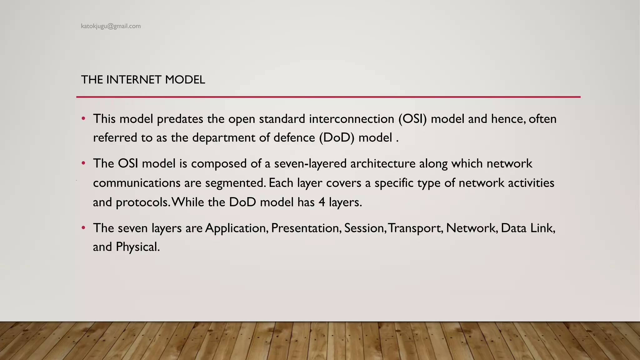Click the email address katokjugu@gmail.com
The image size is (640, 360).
coord(111,26)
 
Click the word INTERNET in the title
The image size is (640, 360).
coord(133,80)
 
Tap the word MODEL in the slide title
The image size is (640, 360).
coord(185,80)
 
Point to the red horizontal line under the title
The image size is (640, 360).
coord(328,97)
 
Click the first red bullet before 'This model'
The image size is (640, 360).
coord(83,119)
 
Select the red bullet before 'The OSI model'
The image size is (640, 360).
coord(83,163)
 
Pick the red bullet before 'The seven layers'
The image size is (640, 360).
coord(83,228)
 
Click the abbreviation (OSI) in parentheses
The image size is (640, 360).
coord(412,119)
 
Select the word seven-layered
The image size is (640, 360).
coord(310,164)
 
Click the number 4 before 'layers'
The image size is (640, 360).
coord(322,202)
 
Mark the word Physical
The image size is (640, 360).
coord(137,247)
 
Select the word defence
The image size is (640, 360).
coord(294,138)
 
